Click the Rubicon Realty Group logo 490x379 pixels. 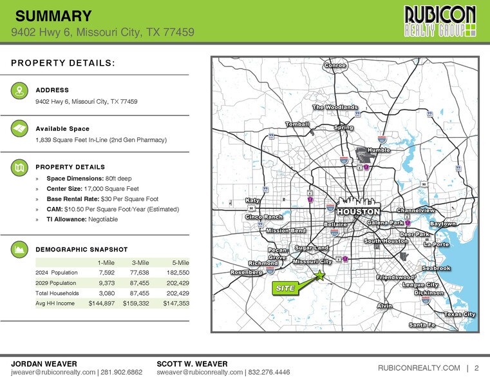coord(440,21)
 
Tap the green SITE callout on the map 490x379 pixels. coord(285,288)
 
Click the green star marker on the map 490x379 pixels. coord(320,275)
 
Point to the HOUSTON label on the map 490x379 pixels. coord(358,212)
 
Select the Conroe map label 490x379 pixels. coord(335,66)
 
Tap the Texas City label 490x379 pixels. coord(460,314)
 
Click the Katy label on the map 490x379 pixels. coord(253,200)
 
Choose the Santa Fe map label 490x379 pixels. coord(422,325)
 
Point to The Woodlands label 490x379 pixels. coord(335,107)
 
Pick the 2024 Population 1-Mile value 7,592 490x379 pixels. coord(106,273)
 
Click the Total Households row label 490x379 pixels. coord(58,293)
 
